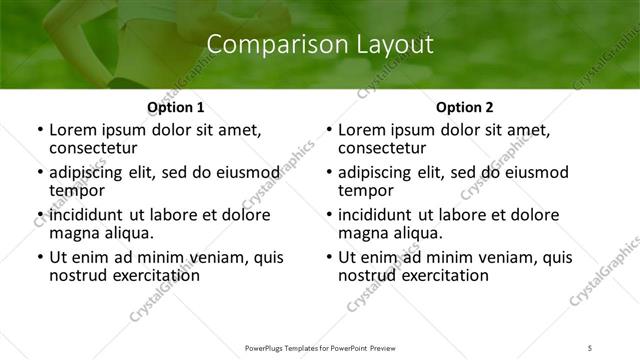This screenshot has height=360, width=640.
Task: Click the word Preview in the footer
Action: pyautogui.click(x=392, y=347)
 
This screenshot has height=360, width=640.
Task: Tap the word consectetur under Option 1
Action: pyautogui.click(x=93, y=148)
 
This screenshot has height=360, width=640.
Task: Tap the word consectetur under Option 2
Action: pyautogui.click(x=382, y=148)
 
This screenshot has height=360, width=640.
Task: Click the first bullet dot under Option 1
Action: pyautogui.click(x=39, y=131)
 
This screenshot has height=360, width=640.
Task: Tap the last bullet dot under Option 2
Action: pyautogui.click(x=328, y=257)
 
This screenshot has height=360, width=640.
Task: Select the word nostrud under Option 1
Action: pyautogui.click(x=78, y=275)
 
